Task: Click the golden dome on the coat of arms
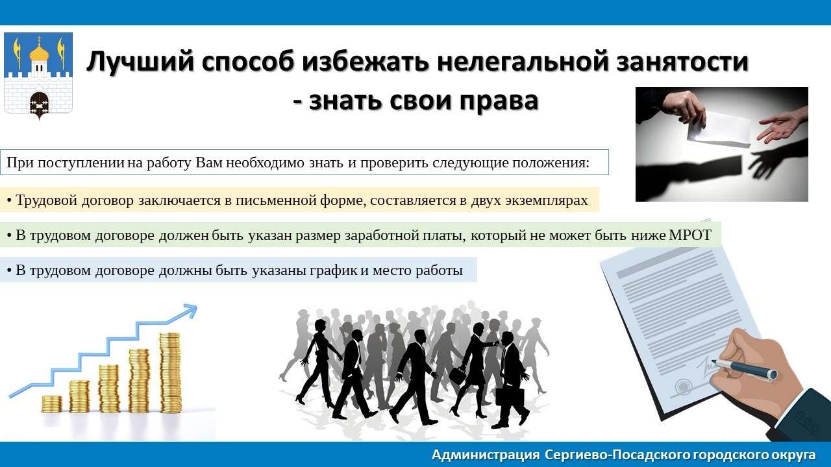39,53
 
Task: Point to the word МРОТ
690,235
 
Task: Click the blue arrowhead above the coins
190,311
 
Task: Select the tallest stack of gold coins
170,372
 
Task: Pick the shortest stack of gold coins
51,403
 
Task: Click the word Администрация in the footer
486,455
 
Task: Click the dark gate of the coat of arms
39,104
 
